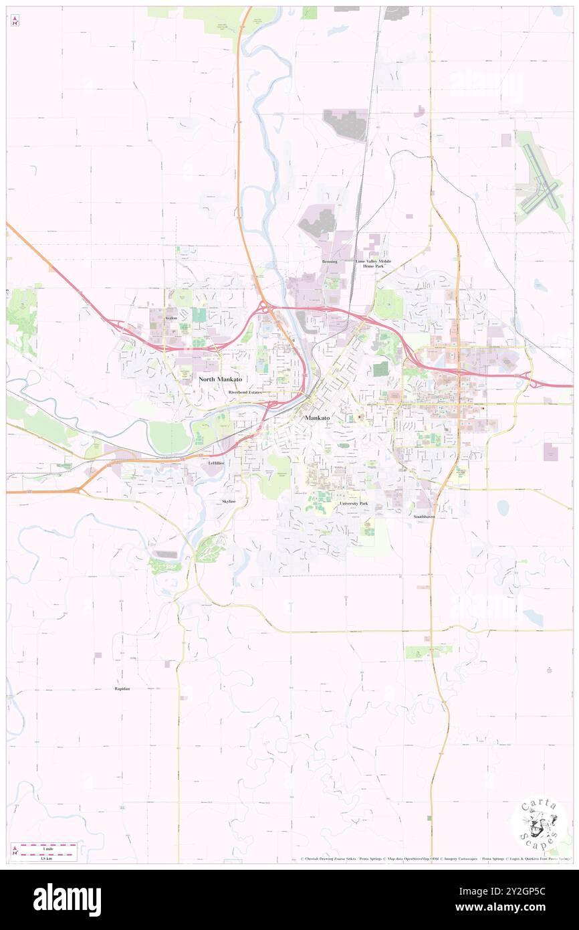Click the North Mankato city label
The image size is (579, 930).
coord(220,379)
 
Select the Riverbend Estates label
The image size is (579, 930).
coord(245,392)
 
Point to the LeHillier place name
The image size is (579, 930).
coord(215,462)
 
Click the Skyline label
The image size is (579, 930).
coord(229,501)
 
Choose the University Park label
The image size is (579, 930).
coord(353,503)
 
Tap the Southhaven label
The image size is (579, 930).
coord(424,517)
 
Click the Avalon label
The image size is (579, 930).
coord(171,318)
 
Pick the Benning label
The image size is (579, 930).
coord(330,262)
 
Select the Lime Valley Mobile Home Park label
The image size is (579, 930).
coord(374,264)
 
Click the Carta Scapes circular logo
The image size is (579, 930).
coord(539,824)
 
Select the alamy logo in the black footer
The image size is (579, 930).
coord(67,900)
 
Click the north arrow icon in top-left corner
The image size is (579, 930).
coord(15,21)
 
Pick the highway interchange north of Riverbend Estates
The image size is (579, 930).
coord(266,309)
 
